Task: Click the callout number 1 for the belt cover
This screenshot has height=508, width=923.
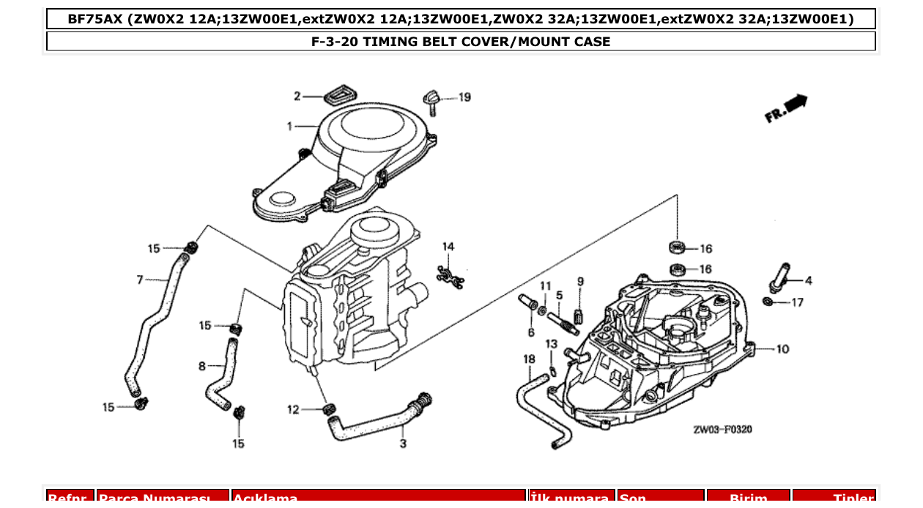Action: (290, 127)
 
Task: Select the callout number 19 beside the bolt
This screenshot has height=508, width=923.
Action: (464, 97)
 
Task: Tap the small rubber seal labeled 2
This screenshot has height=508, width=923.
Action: (338, 94)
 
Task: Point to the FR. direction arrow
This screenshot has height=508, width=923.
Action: (786, 108)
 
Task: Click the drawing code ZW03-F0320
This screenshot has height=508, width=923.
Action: (722, 430)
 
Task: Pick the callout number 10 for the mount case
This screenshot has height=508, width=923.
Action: (782, 349)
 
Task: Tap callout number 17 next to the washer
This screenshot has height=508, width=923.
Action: (797, 302)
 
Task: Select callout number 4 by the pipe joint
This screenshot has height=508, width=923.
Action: (808, 280)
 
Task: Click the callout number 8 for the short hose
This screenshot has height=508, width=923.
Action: (202, 366)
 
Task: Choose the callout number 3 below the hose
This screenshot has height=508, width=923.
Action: (403, 444)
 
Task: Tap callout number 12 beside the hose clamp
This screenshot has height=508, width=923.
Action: (293, 410)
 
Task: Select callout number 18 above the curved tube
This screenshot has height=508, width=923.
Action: (529, 359)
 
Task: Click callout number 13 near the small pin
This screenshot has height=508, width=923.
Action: (551, 344)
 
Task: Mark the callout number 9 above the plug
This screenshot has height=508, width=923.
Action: (580, 281)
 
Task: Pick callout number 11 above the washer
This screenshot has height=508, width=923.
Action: (545, 285)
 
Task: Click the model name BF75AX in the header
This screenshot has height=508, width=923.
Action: (95, 19)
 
